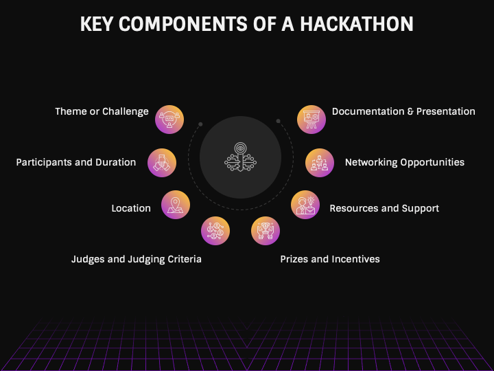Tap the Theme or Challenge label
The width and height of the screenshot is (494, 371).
click(102, 111)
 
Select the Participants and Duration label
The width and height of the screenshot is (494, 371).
click(76, 163)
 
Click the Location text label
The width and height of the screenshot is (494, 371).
click(131, 208)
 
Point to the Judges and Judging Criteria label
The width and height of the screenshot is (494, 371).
click(137, 259)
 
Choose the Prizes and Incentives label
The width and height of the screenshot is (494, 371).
click(330, 259)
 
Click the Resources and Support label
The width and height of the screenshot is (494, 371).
click(384, 208)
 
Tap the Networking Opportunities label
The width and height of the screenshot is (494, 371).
click(405, 163)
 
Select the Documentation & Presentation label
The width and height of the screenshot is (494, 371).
click(403, 111)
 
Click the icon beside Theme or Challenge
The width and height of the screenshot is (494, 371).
click(169, 119)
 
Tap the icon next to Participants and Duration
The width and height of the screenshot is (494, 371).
click(162, 162)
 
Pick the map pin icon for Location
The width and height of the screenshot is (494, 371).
click(176, 205)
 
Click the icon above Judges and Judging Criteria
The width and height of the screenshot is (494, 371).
click(215, 231)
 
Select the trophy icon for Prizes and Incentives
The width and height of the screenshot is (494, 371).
click(266, 231)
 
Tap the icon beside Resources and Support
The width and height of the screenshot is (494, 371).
click(305, 205)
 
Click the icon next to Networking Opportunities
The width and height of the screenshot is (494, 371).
click(319, 162)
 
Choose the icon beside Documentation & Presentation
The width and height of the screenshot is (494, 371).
click(311, 119)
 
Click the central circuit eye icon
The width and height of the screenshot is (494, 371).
click(240, 156)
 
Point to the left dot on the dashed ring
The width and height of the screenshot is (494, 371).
click(200, 124)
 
